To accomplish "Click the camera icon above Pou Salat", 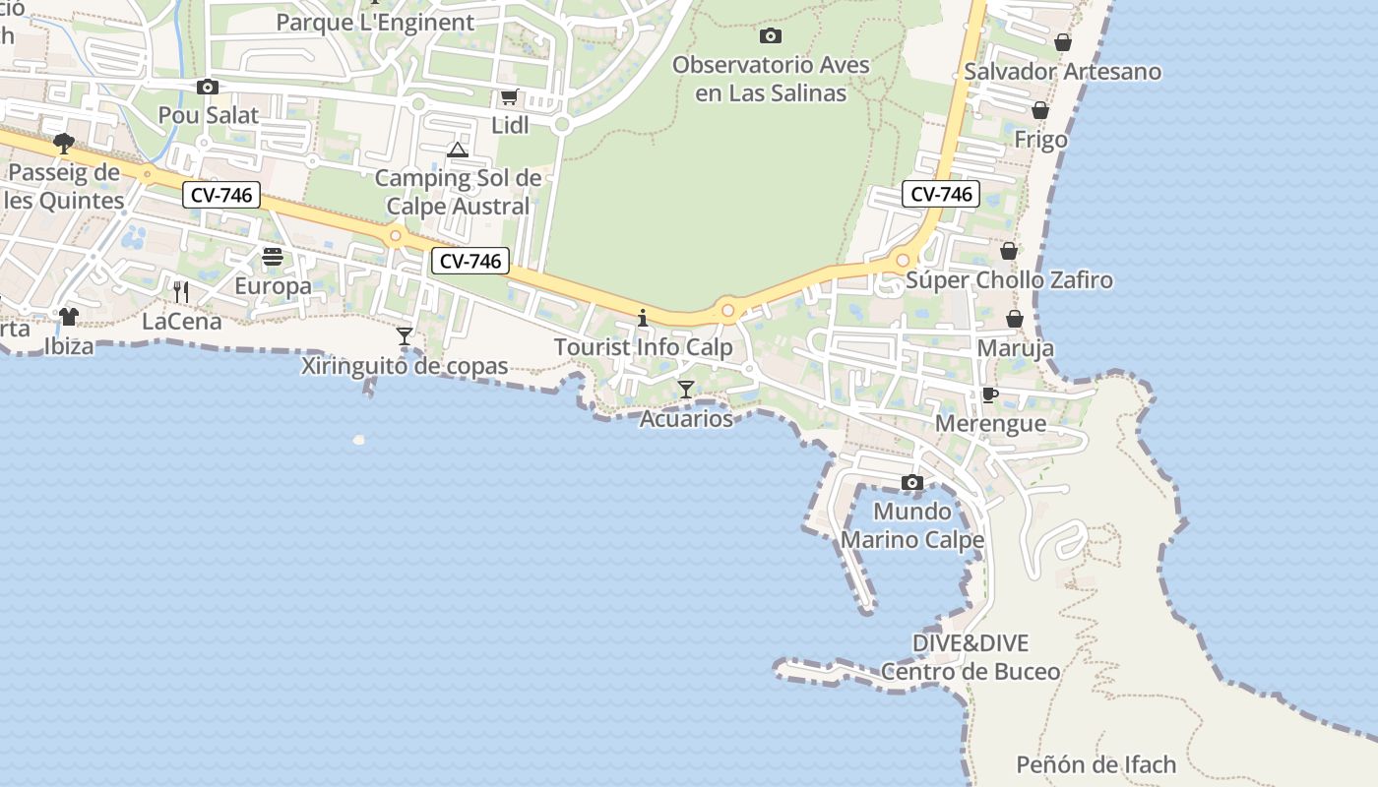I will [x=207, y=87].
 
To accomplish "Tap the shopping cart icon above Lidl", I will [x=509, y=96].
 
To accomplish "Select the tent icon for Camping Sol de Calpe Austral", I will [x=457, y=151].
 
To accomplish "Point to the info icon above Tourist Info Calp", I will [x=643, y=318].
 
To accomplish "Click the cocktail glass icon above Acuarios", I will [x=686, y=390].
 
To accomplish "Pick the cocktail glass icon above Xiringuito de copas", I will [x=405, y=336].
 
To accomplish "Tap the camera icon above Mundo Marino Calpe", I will [x=912, y=482].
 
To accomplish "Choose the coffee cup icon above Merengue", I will [x=990, y=394].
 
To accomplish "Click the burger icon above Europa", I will [x=273, y=257].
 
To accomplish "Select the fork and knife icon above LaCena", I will [x=181, y=291].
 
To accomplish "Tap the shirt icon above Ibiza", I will [x=69, y=316].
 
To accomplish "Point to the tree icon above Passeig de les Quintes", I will [x=64, y=144].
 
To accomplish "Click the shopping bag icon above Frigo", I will [x=1040, y=110].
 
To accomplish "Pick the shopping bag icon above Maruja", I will [x=1015, y=319].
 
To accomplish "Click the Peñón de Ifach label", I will [x=1096, y=764].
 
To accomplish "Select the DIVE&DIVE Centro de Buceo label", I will [x=971, y=657].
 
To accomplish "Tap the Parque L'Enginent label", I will [x=375, y=22].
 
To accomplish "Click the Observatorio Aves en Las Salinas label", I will [x=771, y=79].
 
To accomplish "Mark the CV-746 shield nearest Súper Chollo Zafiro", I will [x=941, y=194].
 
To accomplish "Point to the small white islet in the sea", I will [x=358, y=440].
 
